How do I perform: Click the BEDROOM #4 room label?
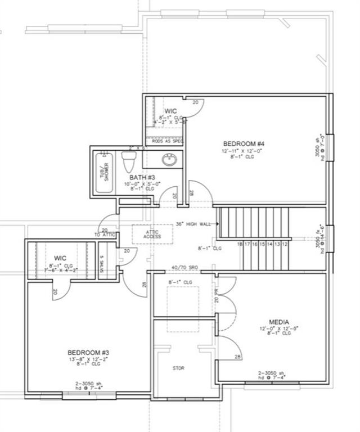[x=244, y=144]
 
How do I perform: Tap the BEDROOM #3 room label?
[x=85, y=352]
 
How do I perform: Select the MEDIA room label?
[x=278, y=322]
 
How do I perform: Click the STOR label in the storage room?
[x=178, y=368]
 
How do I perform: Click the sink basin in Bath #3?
[x=169, y=160]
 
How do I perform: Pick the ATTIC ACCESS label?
[x=151, y=233]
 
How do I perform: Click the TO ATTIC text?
[x=105, y=234]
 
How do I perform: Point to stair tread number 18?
[x=240, y=244]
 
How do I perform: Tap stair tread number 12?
[x=285, y=244]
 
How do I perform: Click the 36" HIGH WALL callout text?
[x=193, y=223]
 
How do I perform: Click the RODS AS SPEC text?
[x=167, y=141]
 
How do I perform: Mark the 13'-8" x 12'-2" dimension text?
[x=85, y=359]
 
